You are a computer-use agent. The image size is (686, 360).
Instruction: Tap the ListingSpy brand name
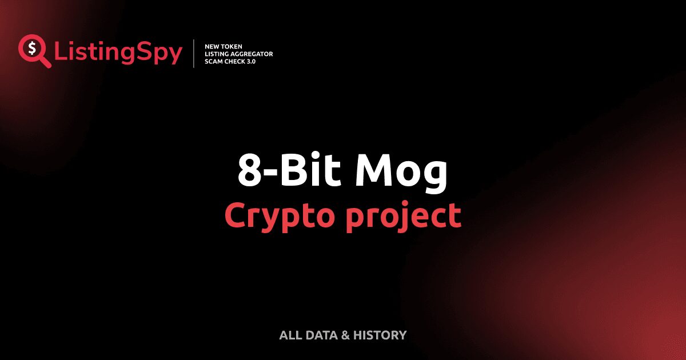pos(118,53)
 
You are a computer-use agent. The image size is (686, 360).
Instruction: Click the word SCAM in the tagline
pos(214,61)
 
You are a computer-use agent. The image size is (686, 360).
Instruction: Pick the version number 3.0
pos(252,61)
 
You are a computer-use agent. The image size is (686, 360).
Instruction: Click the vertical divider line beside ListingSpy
pos(194,54)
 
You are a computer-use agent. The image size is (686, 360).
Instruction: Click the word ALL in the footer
pos(290,335)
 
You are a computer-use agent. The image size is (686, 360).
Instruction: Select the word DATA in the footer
pos(321,335)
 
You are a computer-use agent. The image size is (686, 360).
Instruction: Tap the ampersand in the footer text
pos(345,335)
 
